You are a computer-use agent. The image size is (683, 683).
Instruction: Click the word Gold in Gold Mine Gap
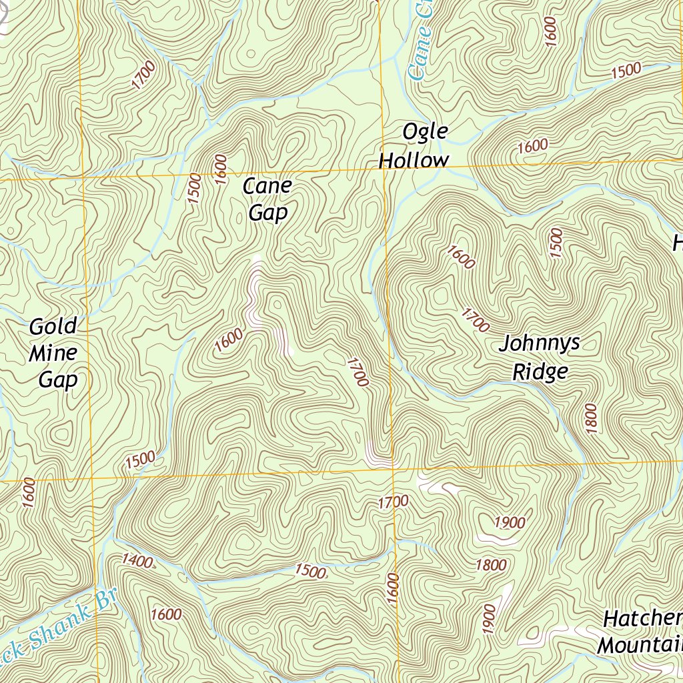(x=53, y=327)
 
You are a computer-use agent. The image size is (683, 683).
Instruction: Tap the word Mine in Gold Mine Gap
(x=53, y=353)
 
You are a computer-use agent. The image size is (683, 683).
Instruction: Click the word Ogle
(x=425, y=132)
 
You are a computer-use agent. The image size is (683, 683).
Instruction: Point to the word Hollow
(x=414, y=160)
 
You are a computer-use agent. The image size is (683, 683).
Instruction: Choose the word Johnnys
(x=540, y=344)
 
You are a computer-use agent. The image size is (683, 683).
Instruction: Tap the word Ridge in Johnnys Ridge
(x=540, y=371)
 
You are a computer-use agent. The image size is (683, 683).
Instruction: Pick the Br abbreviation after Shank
(x=105, y=599)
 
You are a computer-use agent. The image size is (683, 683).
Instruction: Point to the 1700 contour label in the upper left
(x=143, y=75)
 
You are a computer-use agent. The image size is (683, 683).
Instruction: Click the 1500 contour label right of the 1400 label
(x=310, y=571)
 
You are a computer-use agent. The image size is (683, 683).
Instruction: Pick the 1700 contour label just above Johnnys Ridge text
(x=475, y=319)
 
